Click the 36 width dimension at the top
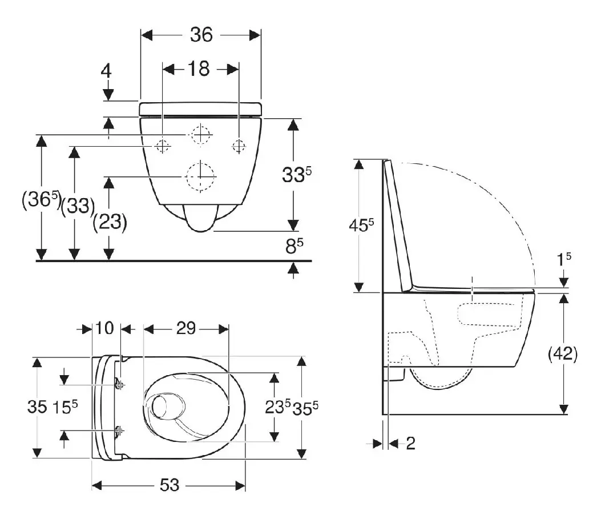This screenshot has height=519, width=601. click(x=201, y=35)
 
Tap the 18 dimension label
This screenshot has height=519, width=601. click(x=199, y=69)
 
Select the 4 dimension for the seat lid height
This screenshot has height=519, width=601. click(x=106, y=71)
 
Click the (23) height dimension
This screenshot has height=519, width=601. click(x=110, y=222)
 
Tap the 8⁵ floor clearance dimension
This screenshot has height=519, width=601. click(x=294, y=246)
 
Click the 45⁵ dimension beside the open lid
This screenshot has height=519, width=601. click(x=361, y=226)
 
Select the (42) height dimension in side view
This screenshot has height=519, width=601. click(x=563, y=353)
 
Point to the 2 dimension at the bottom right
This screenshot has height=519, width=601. click(x=410, y=444)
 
